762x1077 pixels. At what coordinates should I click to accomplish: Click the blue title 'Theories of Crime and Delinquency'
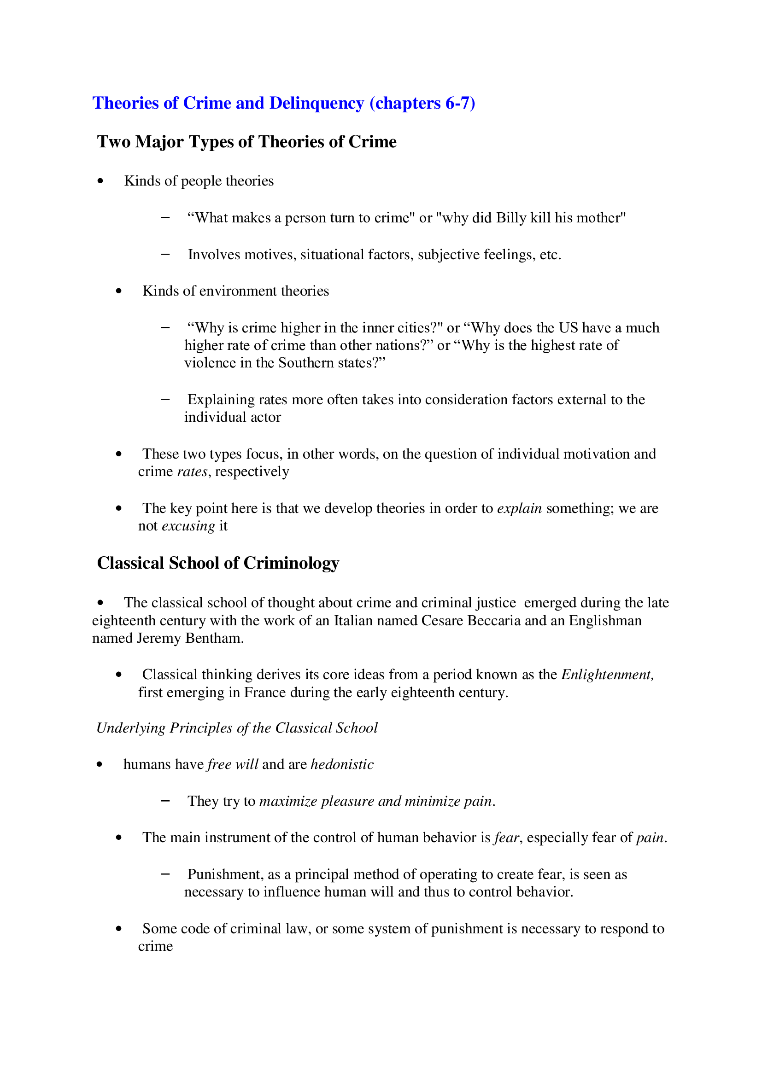point(228,103)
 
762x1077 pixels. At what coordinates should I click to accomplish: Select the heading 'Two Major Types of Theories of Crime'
point(246,142)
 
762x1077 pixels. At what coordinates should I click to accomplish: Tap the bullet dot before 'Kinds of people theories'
point(100,181)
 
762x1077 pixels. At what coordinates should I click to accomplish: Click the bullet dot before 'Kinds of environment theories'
point(119,291)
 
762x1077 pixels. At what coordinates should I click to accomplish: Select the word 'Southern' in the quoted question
point(306,363)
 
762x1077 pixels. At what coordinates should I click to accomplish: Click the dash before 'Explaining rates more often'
point(165,399)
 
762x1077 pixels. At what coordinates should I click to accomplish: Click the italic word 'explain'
point(519,508)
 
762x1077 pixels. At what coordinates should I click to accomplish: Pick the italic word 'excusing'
point(188,526)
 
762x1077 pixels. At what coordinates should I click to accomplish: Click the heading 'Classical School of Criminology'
point(218,563)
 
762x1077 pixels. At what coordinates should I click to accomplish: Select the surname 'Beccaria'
point(494,621)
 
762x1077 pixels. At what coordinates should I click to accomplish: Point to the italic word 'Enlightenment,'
point(607,675)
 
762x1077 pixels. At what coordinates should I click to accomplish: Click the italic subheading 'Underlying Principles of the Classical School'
point(237,728)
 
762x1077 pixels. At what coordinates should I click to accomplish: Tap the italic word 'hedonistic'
point(342,765)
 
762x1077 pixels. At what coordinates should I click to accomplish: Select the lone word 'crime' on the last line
point(155,947)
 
